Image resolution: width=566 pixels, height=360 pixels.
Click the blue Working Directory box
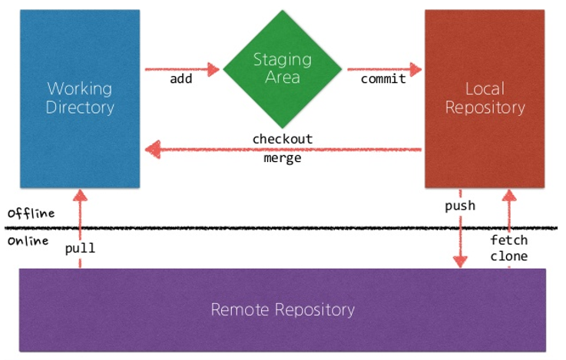click(x=80, y=98)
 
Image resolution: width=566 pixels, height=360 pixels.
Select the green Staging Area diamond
click(x=282, y=68)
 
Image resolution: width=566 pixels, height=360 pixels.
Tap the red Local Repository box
click(x=485, y=98)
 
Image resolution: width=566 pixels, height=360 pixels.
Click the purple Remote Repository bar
click(x=282, y=310)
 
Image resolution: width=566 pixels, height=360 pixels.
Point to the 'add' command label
click(x=181, y=79)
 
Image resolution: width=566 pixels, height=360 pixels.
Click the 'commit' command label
click(x=383, y=79)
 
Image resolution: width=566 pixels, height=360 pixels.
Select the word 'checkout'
click(x=283, y=139)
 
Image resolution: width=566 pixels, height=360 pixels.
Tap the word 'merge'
click(x=282, y=159)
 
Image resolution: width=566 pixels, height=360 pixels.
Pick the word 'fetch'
click(x=508, y=240)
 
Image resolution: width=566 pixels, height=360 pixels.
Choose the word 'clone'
click(x=508, y=256)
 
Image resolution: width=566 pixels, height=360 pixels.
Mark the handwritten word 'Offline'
click(x=31, y=213)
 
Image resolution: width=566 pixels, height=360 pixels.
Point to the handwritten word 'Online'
click(x=28, y=241)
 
